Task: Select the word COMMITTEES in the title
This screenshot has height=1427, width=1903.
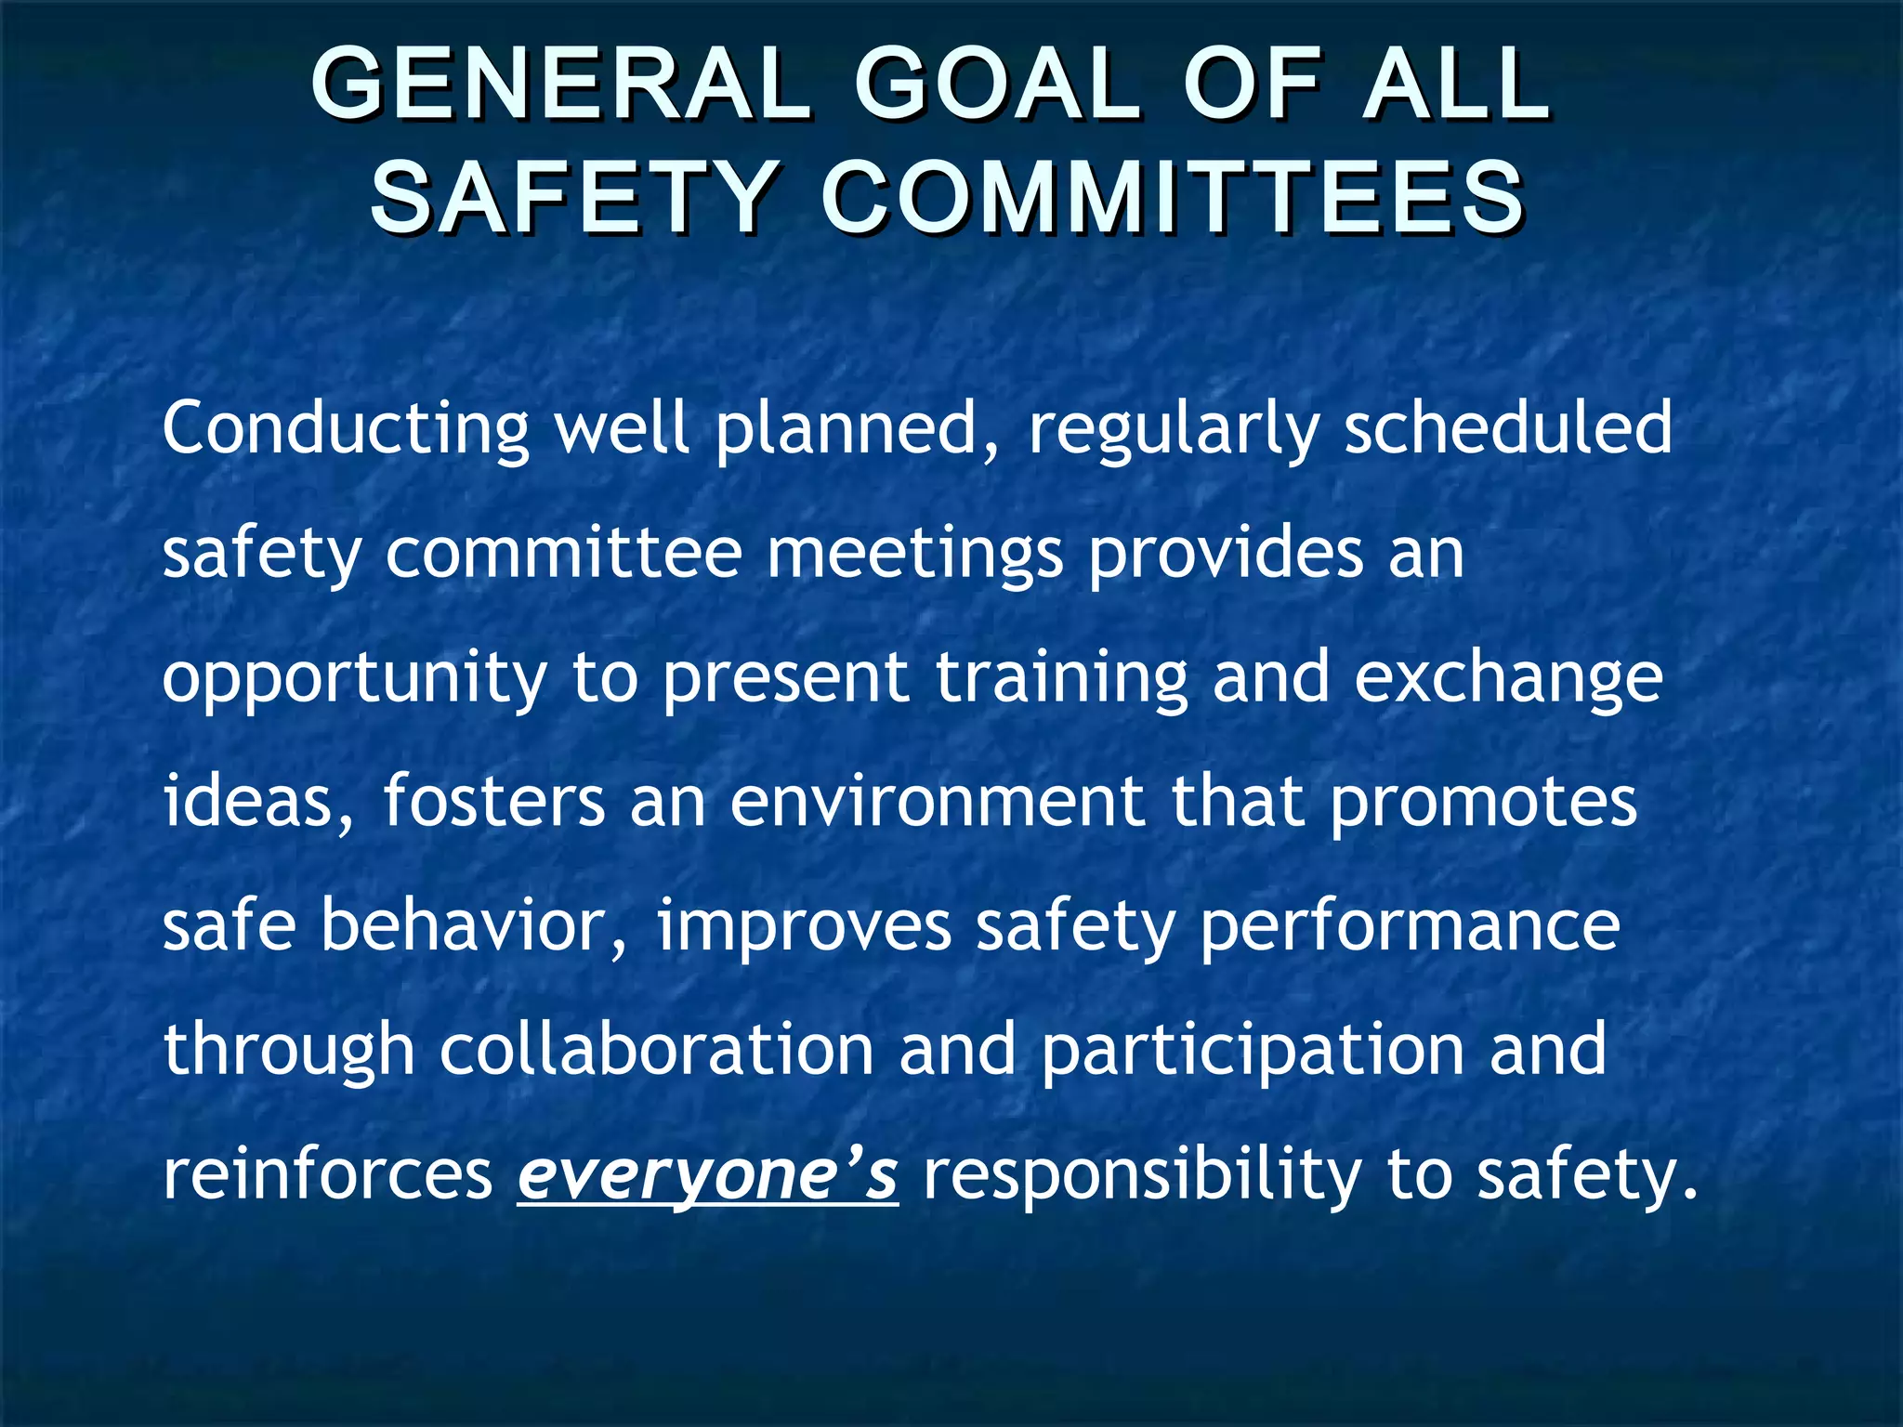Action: (x=1172, y=198)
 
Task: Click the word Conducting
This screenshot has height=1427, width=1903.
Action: (x=346, y=429)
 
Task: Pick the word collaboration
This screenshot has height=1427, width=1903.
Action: (x=656, y=1050)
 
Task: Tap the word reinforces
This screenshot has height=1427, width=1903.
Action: (x=328, y=1174)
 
